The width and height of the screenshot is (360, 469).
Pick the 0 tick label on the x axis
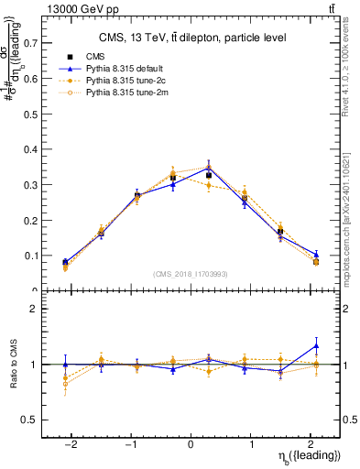(x=191, y=443)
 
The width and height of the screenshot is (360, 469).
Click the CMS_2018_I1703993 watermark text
(x=191, y=274)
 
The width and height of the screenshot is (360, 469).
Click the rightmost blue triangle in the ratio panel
(x=316, y=345)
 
